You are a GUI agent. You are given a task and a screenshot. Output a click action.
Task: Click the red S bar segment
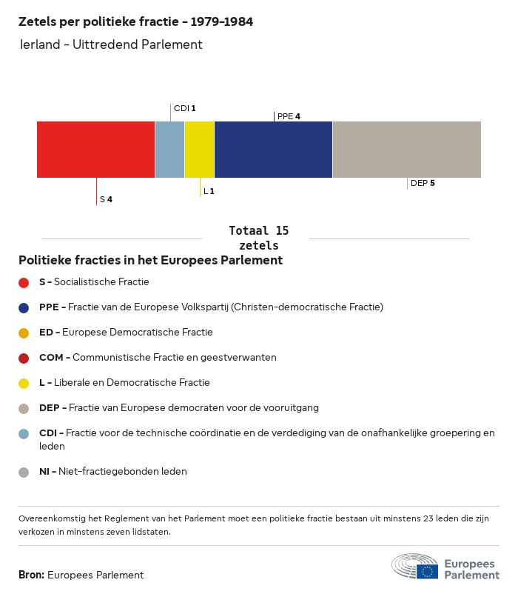click(95, 149)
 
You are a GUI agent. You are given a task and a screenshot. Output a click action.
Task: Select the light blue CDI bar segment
click(169, 149)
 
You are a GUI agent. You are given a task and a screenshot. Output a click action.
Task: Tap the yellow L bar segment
click(199, 149)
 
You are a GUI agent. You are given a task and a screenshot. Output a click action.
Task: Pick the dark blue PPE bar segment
click(273, 149)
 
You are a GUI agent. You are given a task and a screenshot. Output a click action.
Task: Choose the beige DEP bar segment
click(406, 149)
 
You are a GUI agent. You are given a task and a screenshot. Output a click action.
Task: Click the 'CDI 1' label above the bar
click(184, 108)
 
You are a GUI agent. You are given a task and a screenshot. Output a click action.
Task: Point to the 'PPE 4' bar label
click(289, 116)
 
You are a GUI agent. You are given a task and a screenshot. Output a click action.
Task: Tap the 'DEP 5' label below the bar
click(422, 183)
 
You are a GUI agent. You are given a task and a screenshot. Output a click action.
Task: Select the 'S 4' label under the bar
click(106, 199)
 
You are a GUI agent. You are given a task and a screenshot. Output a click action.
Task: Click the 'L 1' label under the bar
click(209, 191)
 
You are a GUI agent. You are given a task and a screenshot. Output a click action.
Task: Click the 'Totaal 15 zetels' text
click(258, 238)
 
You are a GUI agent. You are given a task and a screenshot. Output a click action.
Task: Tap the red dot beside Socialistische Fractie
click(24, 282)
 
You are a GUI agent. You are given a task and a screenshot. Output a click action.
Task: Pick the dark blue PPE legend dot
click(24, 307)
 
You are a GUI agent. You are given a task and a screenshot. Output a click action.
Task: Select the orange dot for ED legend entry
click(24, 333)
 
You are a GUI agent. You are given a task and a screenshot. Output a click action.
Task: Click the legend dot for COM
click(24, 358)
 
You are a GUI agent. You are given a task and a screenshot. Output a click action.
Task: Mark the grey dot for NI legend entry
click(24, 472)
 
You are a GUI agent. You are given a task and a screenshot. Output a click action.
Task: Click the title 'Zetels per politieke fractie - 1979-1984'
click(135, 22)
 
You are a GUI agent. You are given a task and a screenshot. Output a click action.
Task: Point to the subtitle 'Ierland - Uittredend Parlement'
click(111, 44)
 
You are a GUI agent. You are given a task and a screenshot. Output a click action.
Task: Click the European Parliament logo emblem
click(414, 567)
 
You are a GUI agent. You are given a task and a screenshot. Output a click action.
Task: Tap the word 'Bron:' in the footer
click(31, 575)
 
